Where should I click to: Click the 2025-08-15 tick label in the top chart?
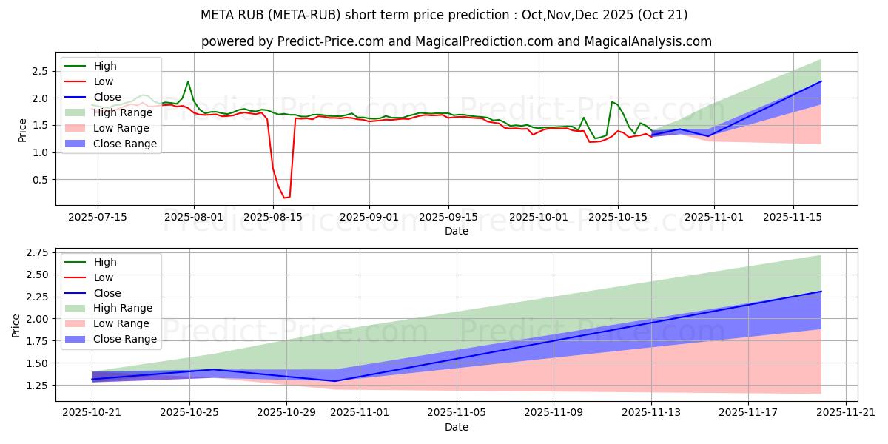click(x=273, y=217)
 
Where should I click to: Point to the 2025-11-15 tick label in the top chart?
click(x=793, y=217)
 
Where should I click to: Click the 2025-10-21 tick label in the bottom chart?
click(x=92, y=413)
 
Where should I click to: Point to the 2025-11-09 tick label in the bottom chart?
click(x=554, y=413)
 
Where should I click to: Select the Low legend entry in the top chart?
click(x=104, y=81)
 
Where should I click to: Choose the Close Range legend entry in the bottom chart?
click(x=125, y=339)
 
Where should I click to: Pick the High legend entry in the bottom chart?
click(x=105, y=262)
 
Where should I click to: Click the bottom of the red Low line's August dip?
click(x=284, y=198)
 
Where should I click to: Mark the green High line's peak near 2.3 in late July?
click(x=188, y=81)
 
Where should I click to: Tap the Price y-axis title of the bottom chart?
click(x=16, y=325)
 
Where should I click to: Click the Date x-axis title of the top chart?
click(x=456, y=231)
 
